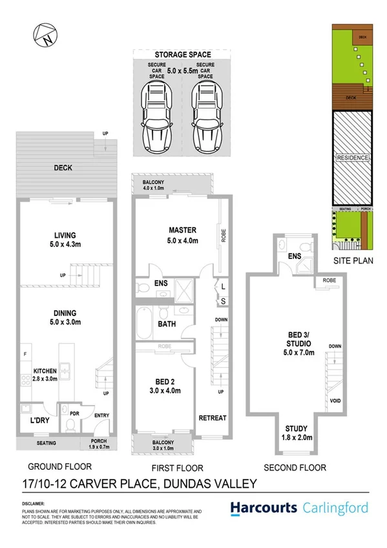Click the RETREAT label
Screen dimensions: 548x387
coord(213,417)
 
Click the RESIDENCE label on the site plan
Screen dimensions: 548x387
coord(352,158)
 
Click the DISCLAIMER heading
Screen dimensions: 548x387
coord(32,501)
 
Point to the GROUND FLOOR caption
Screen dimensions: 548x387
coord(59,466)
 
